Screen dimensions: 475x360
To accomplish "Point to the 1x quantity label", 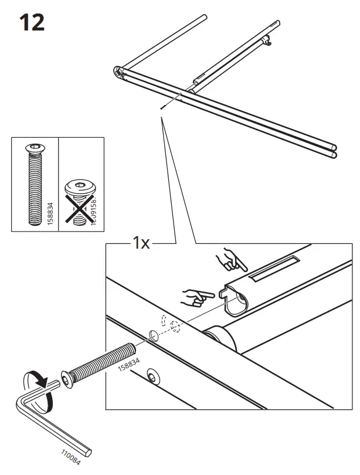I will click(x=140, y=243).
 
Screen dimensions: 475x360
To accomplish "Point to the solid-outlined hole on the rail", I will click(x=153, y=335).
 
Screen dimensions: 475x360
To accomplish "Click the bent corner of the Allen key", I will click(x=21, y=405).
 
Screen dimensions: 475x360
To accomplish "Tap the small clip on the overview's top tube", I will click(x=267, y=42).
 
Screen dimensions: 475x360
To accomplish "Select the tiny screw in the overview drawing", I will click(x=160, y=107).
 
